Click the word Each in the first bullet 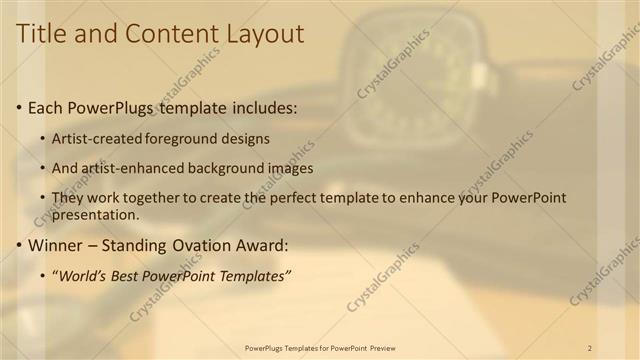point(46,106)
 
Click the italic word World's point(87,275)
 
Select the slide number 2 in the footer point(590,347)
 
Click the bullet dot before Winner point(19,245)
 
